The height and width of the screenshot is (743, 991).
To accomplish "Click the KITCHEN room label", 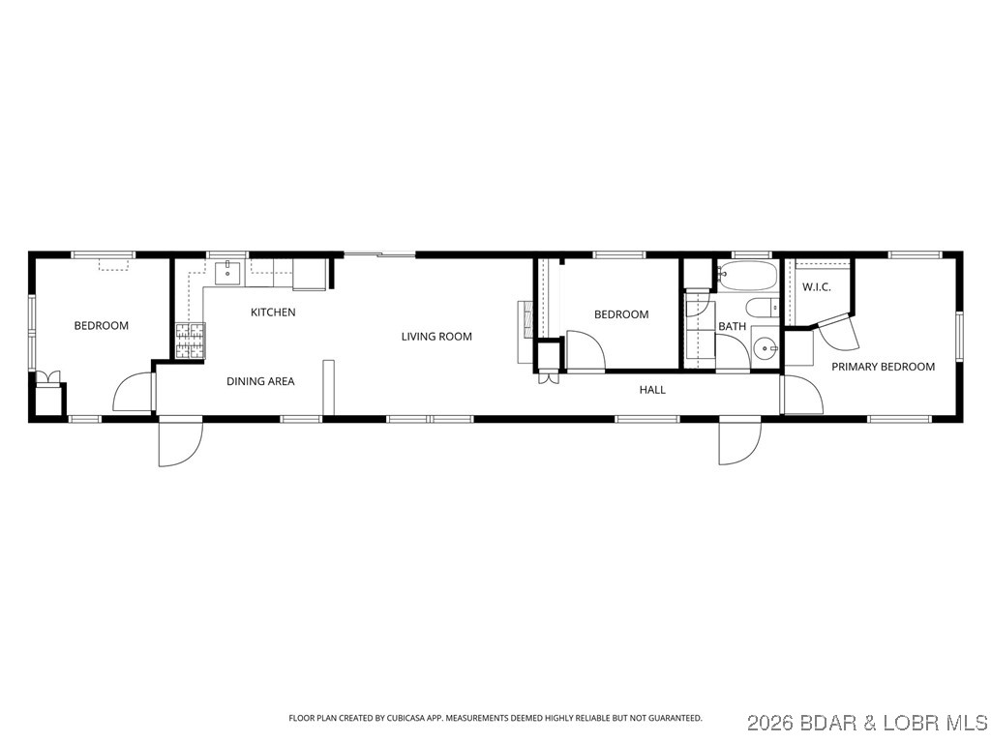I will (273, 312).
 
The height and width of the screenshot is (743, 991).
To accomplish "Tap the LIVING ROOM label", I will (436, 337).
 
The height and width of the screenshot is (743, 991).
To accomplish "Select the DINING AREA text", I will (260, 381).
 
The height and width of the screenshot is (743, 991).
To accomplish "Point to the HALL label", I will (652, 390).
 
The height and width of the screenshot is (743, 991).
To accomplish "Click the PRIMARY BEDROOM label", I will (883, 367).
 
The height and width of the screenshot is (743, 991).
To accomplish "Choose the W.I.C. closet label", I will (817, 287).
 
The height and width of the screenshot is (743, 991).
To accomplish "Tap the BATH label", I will (732, 327).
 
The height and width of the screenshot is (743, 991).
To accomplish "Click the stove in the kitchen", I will (191, 340).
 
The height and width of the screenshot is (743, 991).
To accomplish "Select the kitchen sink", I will (228, 272).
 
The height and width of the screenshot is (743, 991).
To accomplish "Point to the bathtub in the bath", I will (749, 276).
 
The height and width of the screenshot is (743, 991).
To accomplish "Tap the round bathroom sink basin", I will (765, 348).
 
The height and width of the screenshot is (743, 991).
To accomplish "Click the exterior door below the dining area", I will (180, 443).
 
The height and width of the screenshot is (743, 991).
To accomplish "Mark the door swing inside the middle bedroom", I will (585, 351).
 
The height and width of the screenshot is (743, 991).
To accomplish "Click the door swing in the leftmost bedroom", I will (133, 394).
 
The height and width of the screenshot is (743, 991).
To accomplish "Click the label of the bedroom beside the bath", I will (621, 314).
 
